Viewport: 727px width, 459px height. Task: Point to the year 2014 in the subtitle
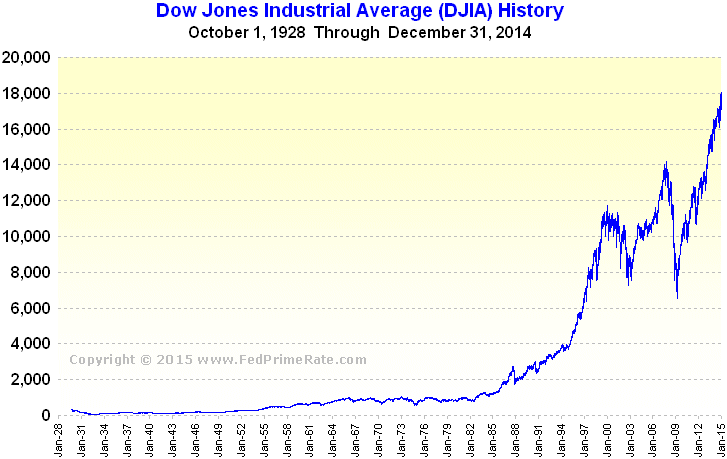pos(513,32)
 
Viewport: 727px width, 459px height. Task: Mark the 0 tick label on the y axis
pos(46,415)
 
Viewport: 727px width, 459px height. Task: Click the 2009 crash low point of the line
pos(677,297)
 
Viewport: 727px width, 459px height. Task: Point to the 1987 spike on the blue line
pos(512,368)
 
